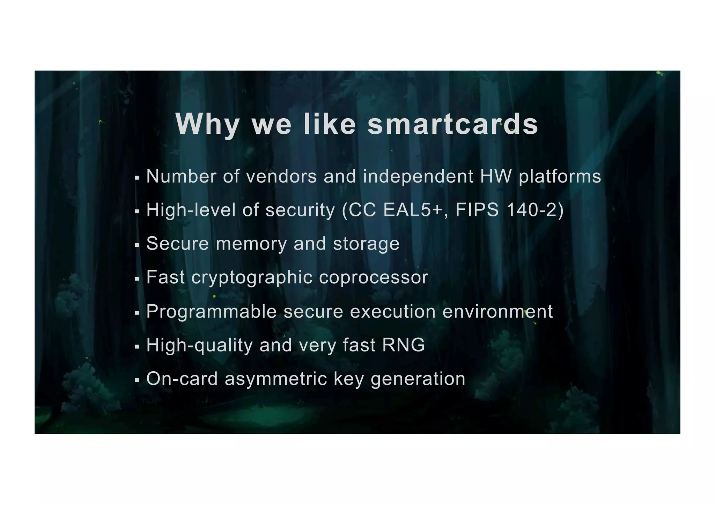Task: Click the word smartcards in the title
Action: [453, 124]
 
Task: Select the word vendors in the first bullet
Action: [281, 176]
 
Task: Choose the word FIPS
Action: [477, 210]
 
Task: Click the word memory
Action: [251, 244]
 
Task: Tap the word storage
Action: [366, 244]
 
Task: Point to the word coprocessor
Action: [373, 277]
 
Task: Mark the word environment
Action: [497, 311]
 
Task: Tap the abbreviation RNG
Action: [404, 345]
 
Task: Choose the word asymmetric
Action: [276, 379]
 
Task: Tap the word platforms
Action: [560, 177]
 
